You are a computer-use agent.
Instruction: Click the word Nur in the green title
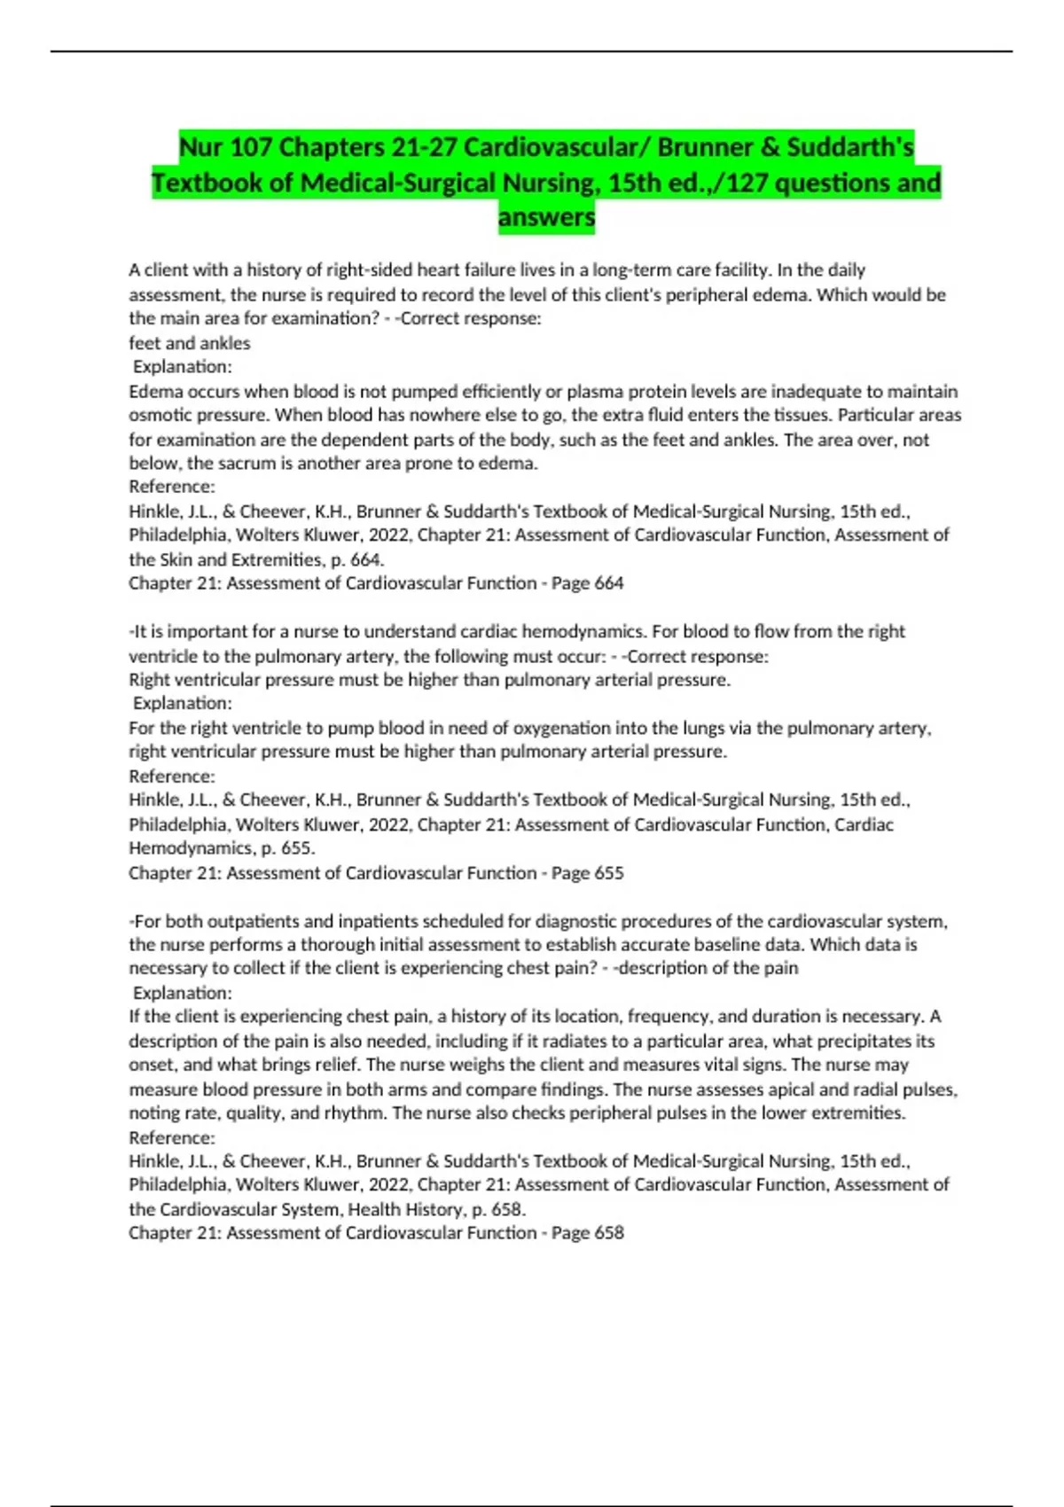201,146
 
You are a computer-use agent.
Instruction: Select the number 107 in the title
251,146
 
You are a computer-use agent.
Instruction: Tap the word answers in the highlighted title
546,217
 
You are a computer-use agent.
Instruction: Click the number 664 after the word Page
608,583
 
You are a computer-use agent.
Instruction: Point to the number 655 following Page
608,873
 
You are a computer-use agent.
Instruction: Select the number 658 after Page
608,1233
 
